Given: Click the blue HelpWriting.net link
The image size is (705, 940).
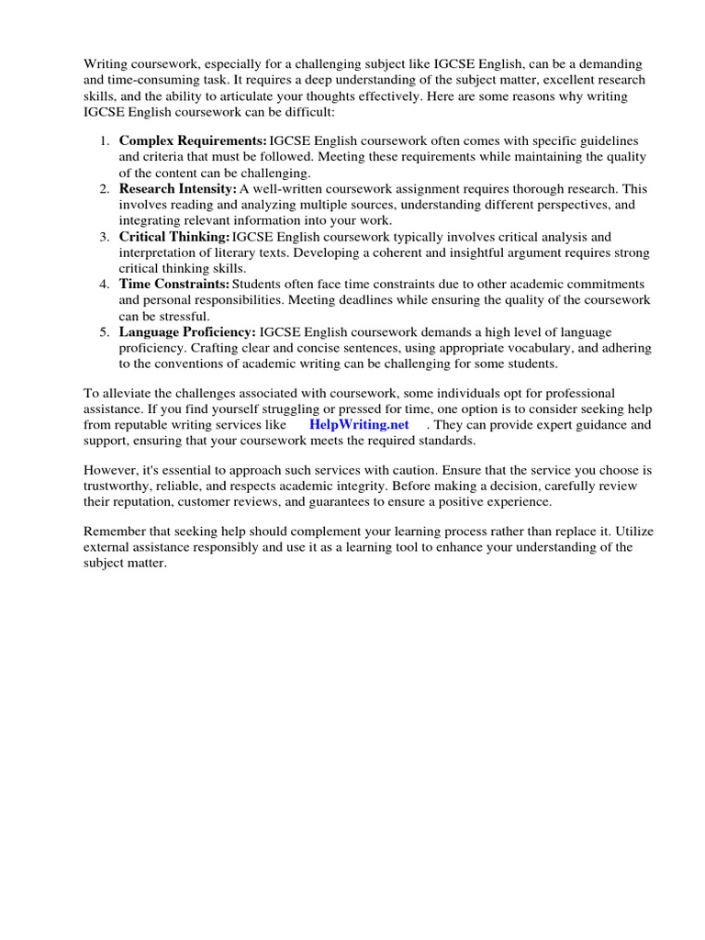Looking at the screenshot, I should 359,425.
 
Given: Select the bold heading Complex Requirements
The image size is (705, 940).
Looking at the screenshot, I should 193,140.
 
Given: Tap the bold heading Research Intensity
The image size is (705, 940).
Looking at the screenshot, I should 178,188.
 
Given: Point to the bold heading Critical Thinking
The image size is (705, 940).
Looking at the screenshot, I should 174,236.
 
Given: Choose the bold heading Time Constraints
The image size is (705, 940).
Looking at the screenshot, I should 174,284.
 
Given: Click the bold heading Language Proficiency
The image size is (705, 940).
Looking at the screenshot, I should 187,331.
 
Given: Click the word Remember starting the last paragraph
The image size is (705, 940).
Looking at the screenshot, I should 115,531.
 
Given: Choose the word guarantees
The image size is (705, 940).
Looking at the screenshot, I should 370,501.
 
